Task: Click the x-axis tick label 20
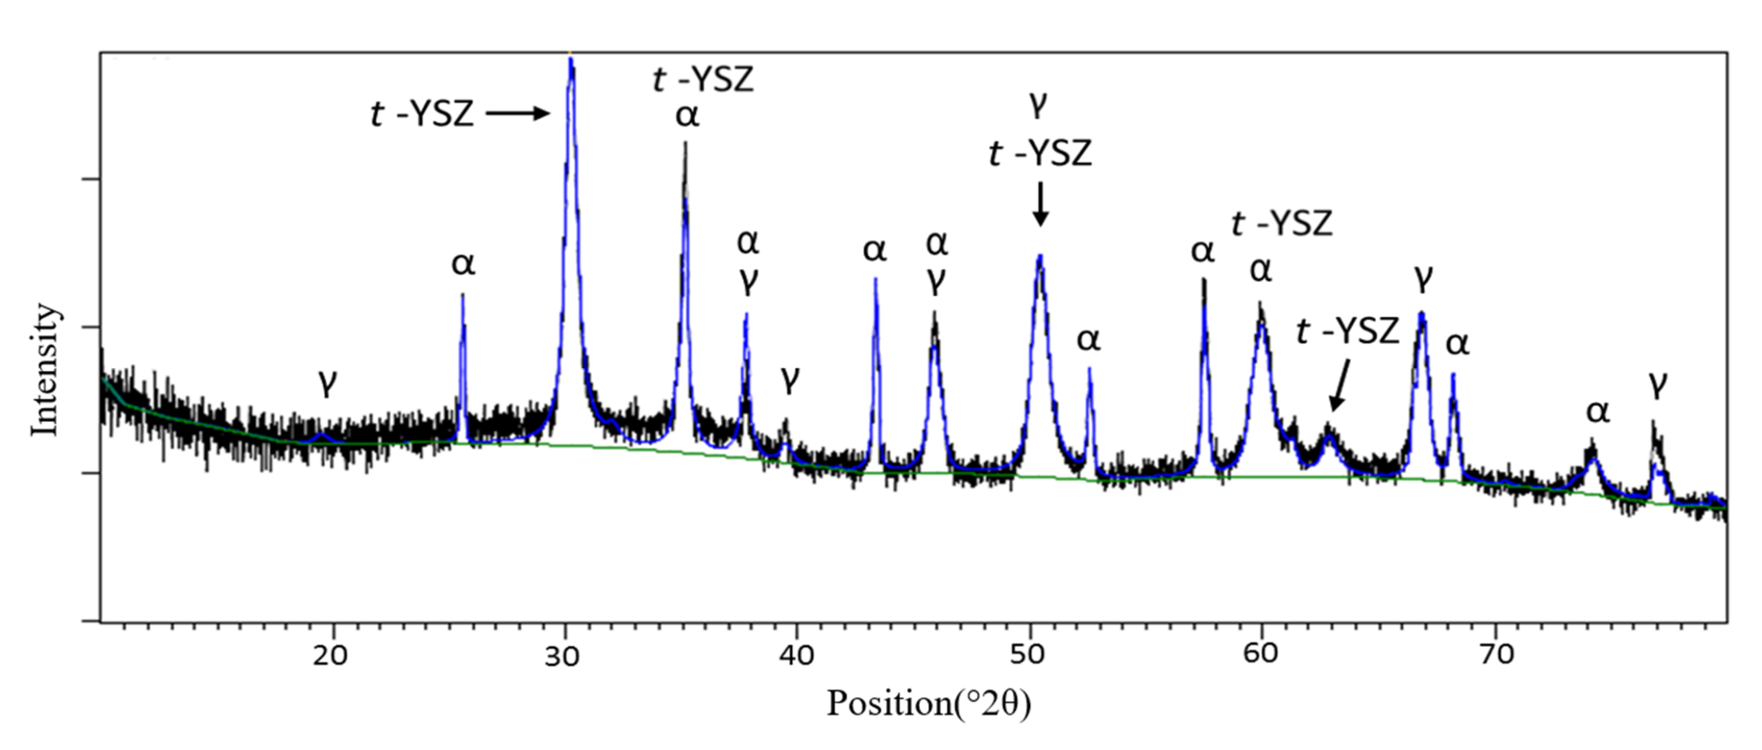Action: point(332,655)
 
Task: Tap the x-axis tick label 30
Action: point(563,655)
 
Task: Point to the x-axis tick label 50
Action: point(1028,655)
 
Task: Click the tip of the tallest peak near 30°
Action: point(570,60)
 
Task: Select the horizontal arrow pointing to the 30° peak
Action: point(518,114)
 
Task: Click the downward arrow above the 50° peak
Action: point(1040,204)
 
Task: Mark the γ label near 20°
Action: point(328,383)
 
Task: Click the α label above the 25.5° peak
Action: point(463,264)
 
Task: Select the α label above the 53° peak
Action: point(1089,340)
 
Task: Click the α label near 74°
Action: point(1598,412)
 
